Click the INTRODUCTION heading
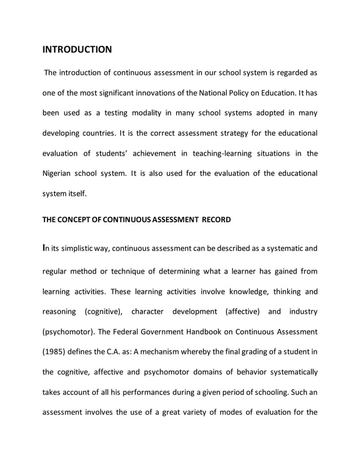click(x=77, y=50)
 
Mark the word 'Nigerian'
click(x=59, y=173)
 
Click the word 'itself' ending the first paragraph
click(x=76, y=194)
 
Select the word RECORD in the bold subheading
click(x=212, y=219)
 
